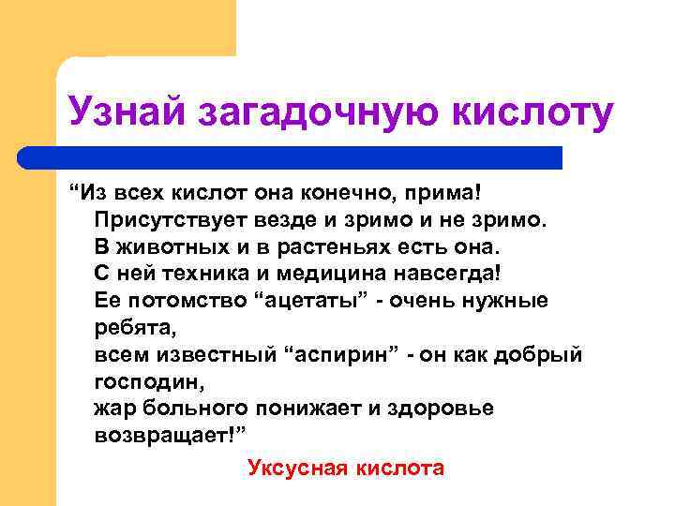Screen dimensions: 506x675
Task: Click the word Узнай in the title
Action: click(x=128, y=112)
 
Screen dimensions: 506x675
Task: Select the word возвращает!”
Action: click(x=174, y=437)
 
